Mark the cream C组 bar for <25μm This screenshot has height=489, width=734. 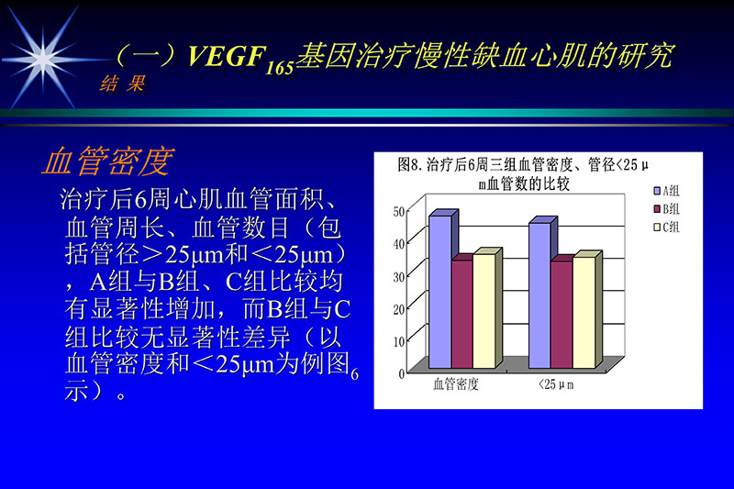583,314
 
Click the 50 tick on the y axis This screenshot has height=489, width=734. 398,212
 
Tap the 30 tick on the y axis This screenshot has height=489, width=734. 398,276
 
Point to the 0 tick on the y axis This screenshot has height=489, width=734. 401,373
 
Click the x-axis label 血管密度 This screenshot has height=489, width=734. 456,386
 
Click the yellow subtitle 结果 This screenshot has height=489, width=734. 122,84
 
